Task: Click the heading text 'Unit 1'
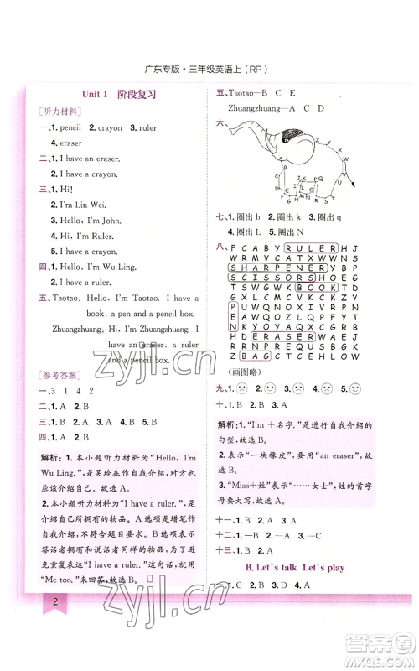[97, 95]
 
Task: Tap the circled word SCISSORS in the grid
[267, 278]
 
